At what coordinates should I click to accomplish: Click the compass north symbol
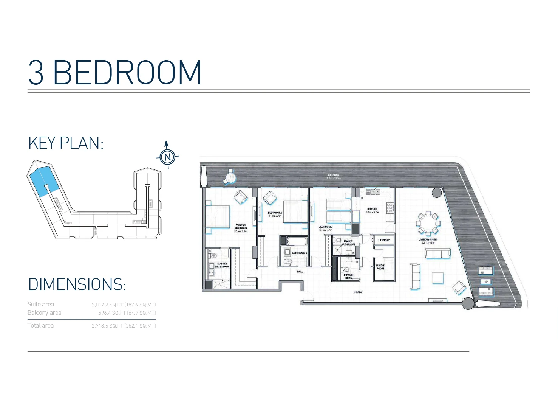[x=167, y=156]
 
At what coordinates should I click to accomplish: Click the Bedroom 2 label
[x=275, y=213]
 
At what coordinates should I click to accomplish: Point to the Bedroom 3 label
[x=325, y=227]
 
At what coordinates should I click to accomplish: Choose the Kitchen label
[x=372, y=209]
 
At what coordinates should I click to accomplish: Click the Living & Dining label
[x=428, y=240]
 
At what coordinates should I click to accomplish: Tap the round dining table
[x=428, y=223]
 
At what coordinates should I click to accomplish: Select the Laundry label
[x=384, y=240]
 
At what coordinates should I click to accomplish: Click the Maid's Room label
[x=380, y=267]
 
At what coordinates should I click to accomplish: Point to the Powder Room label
[x=349, y=277]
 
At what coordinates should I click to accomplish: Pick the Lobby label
[x=358, y=292]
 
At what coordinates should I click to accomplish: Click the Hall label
[x=300, y=272]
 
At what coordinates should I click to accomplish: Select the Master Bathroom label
[x=222, y=265]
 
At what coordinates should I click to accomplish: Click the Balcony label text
[x=334, y=176]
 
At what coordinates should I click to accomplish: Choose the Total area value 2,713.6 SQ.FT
[x=124, y=326]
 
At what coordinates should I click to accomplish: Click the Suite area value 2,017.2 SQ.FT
[x=124, y=305]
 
